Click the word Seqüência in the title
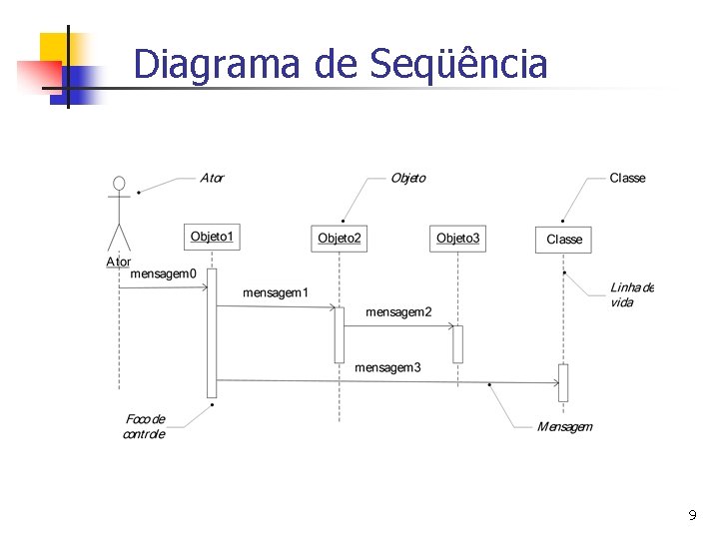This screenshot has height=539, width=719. coord(458,64)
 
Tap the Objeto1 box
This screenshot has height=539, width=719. coord(212,237)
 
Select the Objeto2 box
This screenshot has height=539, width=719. coord(340,238)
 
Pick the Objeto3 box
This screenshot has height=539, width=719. coord(458,238)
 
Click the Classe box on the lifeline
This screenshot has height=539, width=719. coord(563,240)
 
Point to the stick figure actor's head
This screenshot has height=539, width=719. coord(119,184)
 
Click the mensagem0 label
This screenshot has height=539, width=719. coord(164,272)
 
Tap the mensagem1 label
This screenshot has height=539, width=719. coord(276,292)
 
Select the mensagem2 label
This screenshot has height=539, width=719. coord(398,312)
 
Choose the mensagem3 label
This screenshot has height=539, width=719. coord(387,367)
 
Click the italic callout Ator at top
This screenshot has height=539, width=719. coord(212,179)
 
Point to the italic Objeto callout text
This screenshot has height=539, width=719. coord(407,178)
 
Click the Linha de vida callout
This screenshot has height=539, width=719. coord(631,294)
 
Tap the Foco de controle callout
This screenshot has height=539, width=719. coord(145,427)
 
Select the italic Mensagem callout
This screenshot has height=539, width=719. coord(564,427)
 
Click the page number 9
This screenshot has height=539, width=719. coord(692,516)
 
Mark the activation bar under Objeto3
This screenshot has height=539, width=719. coord(457,343)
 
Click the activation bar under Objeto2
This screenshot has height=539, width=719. coord(340,334)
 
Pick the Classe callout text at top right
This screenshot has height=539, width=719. coord(627,178)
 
